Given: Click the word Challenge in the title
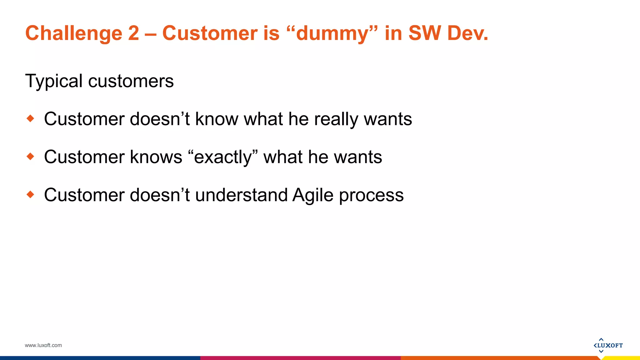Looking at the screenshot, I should tap(74, 33).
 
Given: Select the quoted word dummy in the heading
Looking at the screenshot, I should tap(332, 33).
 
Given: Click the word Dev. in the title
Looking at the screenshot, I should tap(467, 33).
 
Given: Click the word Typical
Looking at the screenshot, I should tap(53, 81).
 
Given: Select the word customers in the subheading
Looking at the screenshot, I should tap(131, 81).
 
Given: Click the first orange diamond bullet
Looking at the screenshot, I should tap(30, 118).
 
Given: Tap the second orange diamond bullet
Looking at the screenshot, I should tap(30, 156).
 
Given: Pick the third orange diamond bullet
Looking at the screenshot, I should tap(30, 194).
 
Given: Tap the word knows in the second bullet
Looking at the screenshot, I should tap(156, 157).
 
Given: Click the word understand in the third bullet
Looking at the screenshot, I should tap(241, 195).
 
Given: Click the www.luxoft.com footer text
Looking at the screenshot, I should tap(43, 345).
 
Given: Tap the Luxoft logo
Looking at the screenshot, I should tap(608, 345).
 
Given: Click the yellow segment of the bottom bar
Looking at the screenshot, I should tap(622, 358).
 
